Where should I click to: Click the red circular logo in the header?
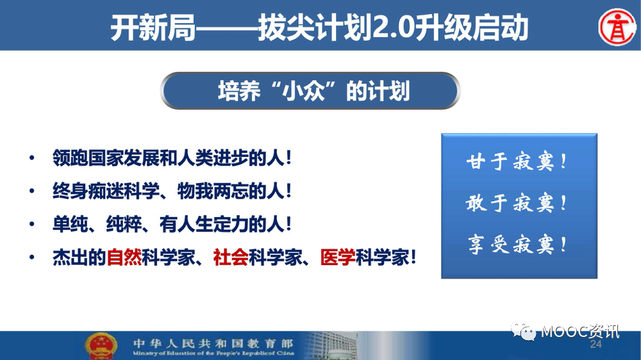tap(617, 27)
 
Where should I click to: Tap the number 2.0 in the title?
tap(394, 28)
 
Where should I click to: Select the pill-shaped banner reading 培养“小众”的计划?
tap(310, 91)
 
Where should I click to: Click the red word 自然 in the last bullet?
tap(124, 258)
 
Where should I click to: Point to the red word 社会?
tap(231, 258)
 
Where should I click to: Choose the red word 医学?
tap(338, 258)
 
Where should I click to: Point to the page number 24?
tap(595, 345)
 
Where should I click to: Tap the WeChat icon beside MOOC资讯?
tap(523, 331)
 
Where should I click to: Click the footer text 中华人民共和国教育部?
tap(213, 343)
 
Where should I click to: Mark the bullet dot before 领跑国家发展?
tap(32, 158)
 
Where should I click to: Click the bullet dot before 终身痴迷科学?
tap(32, 192)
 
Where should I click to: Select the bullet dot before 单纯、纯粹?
tap(32, 224)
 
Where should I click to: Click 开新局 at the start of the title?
tap(153, 28)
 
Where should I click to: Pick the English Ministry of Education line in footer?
tap(213, 353)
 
